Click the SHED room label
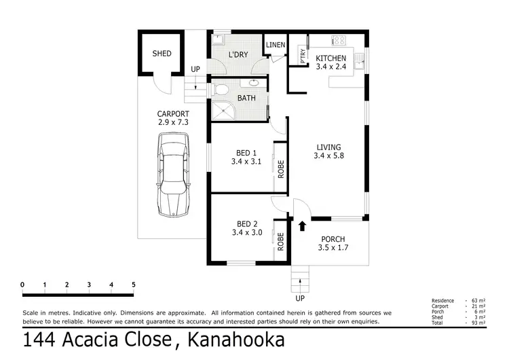pyautogui.click(x=162, y=54)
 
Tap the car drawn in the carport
pyautogui.click(x=173, y=174)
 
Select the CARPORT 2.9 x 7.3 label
pyautogui.click(x=173, y=118)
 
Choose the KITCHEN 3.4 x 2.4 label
pyautogui.click(x=331, y=62)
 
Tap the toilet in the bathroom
pyautogui.click(x=221, y=88)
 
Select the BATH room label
pyautogui.click(x=246, y=98)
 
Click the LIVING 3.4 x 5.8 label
pyautogui.click(x=328, y=151)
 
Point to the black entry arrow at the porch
pyautogui.click(x=303, y=224)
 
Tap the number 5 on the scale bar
pyautogui.click(x=134, y=284)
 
